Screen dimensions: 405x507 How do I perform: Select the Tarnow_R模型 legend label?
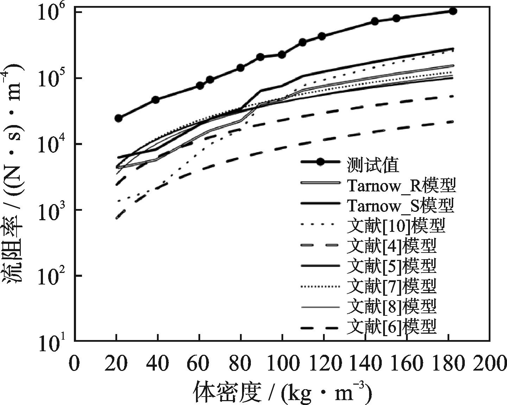coord(401,185)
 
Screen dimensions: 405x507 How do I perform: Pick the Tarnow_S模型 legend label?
coord(401,205)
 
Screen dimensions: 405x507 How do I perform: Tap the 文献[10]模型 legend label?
coord(396,226)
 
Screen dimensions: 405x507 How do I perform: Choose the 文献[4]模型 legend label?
coord(392,246)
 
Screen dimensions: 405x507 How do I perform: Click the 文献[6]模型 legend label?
coord(392,327)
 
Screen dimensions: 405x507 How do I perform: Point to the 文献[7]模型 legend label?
coord(392,286)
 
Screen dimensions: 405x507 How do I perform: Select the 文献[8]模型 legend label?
coord(392,307)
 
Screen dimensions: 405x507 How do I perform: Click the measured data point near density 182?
coord(453,11)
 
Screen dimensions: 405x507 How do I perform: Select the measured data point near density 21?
coord(119,118)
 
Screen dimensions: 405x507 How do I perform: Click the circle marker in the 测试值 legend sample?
coord(320,162)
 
